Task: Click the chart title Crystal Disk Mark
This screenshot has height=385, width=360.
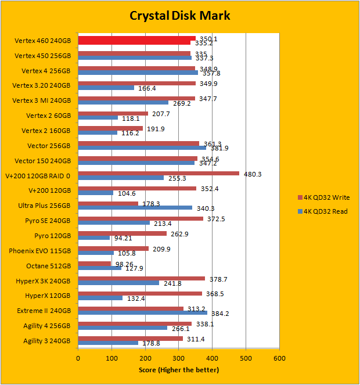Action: (x=179, y=15)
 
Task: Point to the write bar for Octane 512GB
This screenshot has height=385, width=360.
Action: (x=95, y=263)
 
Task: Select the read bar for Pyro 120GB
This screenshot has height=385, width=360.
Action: (x=94, y=238)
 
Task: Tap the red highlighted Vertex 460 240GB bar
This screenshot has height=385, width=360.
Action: (x=137, y=38)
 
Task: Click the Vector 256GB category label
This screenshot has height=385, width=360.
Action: (x=49, y=145)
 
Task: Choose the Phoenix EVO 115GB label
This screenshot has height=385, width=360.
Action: (x=40, y=251)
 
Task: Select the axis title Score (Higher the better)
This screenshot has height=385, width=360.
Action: (x=179, y=370)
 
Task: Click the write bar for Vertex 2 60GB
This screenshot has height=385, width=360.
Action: (x=113, y=114)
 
